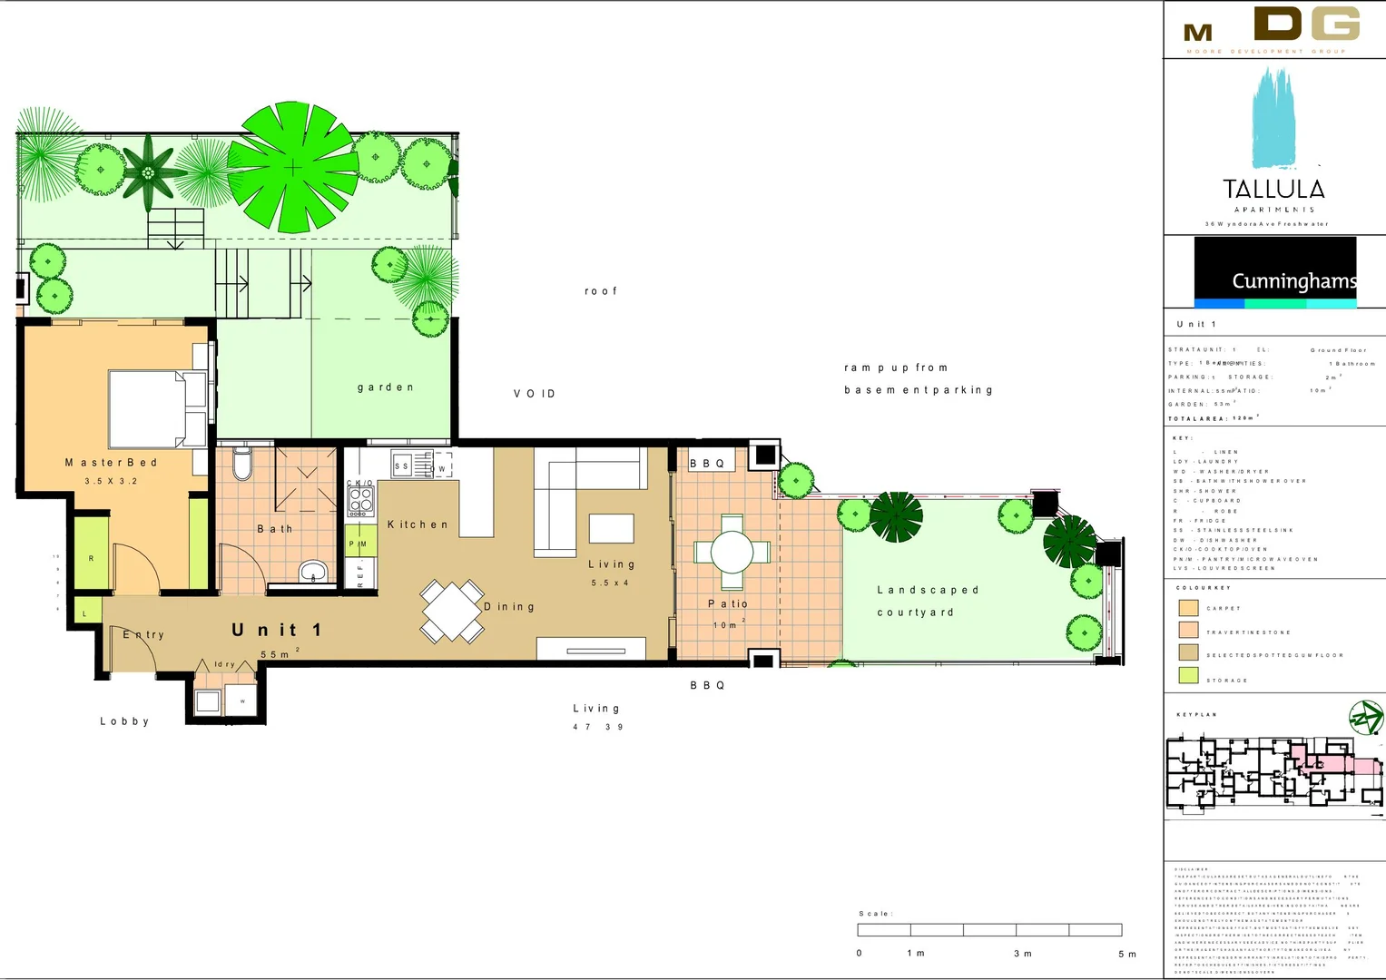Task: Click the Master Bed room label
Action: (x=111, y=463)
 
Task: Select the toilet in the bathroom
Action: (x=241, y=463)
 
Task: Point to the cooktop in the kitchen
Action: (x=360, y=500)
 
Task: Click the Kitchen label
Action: (x=418, y=524)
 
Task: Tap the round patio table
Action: (x=732, y=552)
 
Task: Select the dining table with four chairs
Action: (x=451, y=611)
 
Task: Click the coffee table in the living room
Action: (x=611, y=528)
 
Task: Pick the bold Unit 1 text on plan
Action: (x=276, y=630)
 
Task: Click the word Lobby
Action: (x=124, y=721)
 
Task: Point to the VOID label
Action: (x=534, y=394)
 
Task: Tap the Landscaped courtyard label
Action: (x=928, y=601)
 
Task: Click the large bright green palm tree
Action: (x=292, y=167)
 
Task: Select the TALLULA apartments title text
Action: (x=1273, y=190)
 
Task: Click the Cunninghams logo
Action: (x=1274, y=272)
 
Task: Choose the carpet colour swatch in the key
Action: (x=1188, y=608)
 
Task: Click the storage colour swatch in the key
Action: (x=1188, y=675)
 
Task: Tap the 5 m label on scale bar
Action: (x=1126, y=954)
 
